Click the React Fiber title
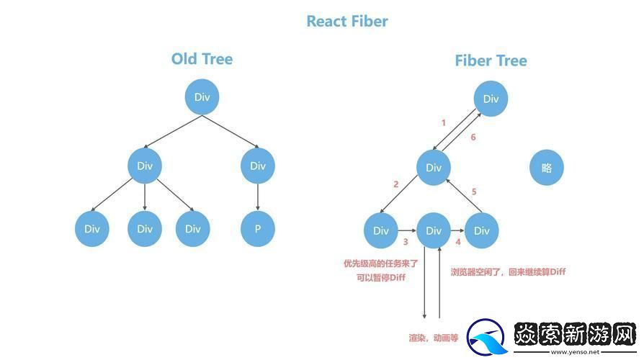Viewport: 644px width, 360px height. (x=346, y=21)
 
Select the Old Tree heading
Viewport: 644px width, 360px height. (x=202, y=59)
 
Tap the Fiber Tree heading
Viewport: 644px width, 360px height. (x=491, y=60)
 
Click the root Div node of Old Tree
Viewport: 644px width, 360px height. (x=202, y=97)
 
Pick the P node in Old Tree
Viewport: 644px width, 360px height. (x=258, y=229)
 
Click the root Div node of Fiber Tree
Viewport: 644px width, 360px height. (x=491, y=99)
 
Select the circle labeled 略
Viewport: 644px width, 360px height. (x=546, y=168)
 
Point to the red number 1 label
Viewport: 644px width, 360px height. (x=443, y=122)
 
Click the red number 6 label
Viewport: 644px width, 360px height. (x=473, y=138)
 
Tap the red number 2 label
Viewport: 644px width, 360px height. (x=395, y=184)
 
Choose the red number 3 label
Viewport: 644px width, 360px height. (x=406, y=243)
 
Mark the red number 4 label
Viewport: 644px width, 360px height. (x=457, y=243)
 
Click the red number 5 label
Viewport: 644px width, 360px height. (x=473, y=192)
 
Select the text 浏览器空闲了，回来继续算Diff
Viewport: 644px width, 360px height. (x=508, y=271)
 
